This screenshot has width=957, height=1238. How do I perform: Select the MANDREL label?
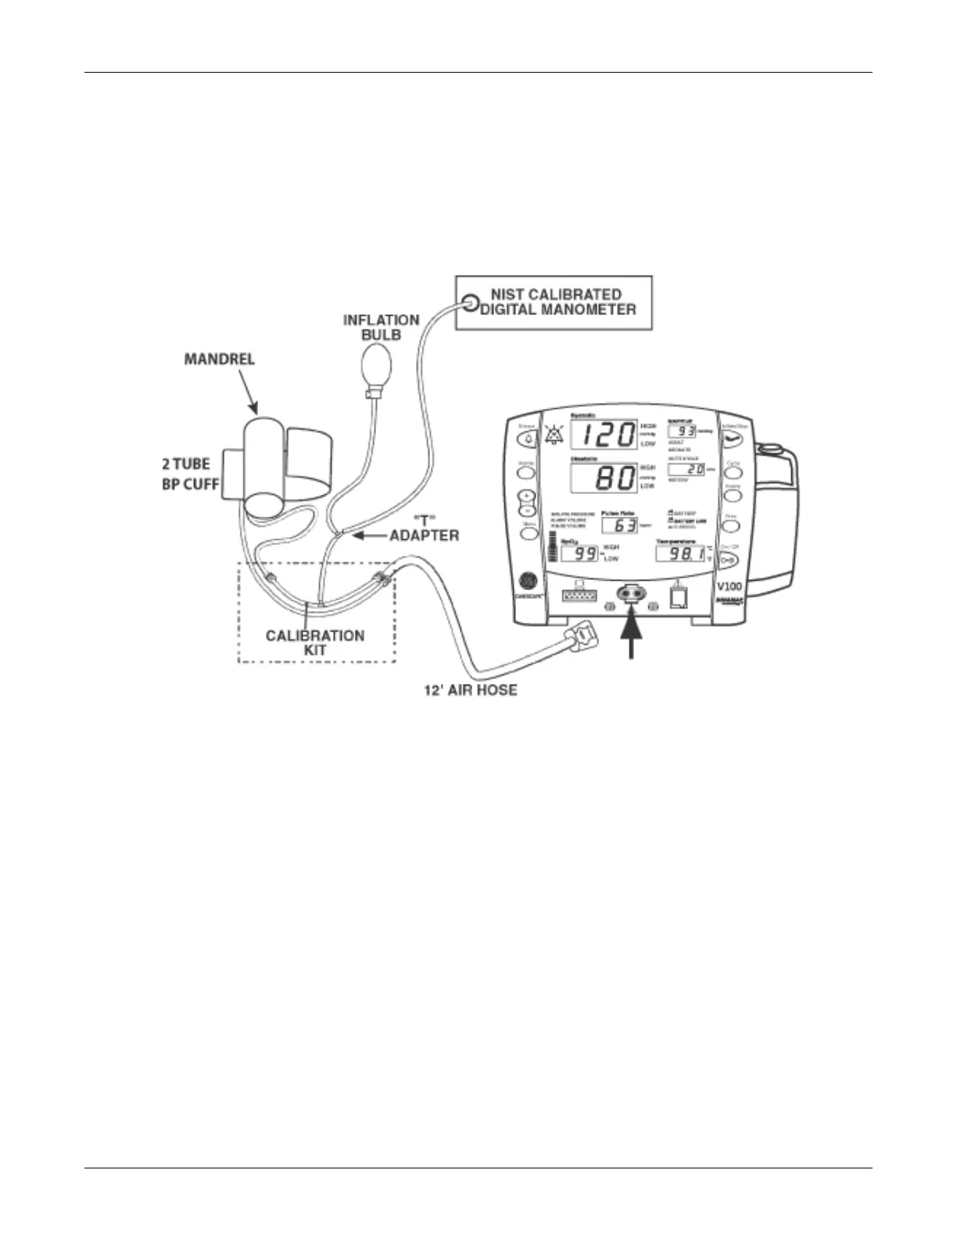[x=219, y=360]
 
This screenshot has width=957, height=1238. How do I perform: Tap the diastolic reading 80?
[x=615, y=478]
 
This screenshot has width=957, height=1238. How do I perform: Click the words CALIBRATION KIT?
[x=315, y=642]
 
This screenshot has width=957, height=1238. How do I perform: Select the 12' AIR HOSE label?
[x=470, y=691]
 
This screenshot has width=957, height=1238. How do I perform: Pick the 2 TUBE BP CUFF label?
[x=192, y=474]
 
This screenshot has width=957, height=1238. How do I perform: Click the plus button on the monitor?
[x=527, y=496]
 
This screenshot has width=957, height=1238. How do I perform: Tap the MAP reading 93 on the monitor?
[x=685, y=431]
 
